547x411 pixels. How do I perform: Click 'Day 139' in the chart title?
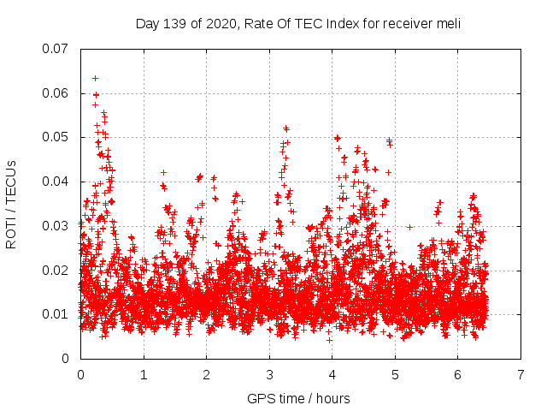point(159,24)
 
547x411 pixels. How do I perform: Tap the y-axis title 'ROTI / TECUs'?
point(12,204)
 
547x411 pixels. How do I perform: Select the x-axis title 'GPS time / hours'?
point(298,399)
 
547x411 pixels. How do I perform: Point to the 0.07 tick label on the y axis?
point(56,49)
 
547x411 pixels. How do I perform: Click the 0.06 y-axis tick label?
point(56,93)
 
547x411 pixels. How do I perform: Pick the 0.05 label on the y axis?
point(56,137)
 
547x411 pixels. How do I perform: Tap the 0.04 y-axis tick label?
point(56,182)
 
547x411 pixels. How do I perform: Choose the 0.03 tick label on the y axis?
point(56,226)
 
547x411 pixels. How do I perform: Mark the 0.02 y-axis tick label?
point(56,271)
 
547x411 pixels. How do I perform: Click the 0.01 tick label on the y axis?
point(56,314)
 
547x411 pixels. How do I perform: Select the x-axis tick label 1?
point(143,375)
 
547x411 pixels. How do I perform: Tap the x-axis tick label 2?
point(206,375)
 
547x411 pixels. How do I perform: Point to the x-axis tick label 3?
point(269,375)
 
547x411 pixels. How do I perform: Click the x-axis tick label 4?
point(332,375)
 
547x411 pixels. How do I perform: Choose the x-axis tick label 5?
point(395,375)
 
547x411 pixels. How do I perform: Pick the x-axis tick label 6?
point(458,375)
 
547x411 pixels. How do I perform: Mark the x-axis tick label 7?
point(521,375)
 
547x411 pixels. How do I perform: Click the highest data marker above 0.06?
point(95,78)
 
